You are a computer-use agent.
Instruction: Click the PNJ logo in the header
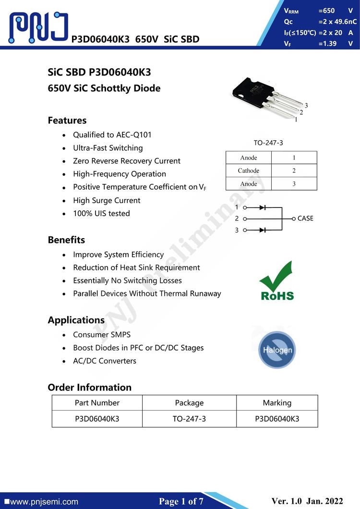[38, 27]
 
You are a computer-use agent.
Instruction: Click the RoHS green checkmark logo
[276, 281]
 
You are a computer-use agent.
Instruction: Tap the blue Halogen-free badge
[276, 349]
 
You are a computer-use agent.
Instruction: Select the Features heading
[67, 120]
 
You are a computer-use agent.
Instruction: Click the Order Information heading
[89, 387]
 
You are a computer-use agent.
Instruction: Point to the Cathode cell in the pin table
[249, 170]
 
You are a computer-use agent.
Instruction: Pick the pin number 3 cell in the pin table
[294, 183]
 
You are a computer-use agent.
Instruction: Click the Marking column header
[277, 402]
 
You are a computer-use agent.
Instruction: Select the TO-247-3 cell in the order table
[189, 418]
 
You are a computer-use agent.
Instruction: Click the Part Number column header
[97, 402]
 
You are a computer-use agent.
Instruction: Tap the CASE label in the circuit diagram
[305, 218]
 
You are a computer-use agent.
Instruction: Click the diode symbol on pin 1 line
[263, 207]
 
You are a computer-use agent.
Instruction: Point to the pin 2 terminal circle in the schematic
[245, 218]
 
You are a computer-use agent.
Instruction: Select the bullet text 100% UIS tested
[101, 213]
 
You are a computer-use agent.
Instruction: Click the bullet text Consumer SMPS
[102, 334]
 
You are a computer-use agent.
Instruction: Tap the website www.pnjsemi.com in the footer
[43, 502]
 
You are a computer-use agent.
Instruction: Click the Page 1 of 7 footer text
[181, 501]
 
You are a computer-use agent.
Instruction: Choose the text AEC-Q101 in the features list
[134, 135]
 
